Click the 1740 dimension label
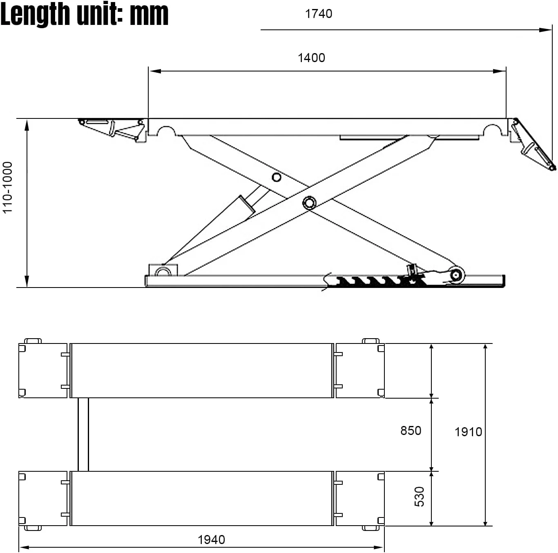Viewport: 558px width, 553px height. [x=319, y=14]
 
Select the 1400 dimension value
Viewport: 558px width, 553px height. [x=311, y=58]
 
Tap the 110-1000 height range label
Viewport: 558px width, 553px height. [x=8, y=187]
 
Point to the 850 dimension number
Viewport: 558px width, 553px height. [x=411, y=431]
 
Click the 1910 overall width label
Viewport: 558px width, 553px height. [x=468, y=432]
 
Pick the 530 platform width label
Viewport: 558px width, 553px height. [x=420, y=497]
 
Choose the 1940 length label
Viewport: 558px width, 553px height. [x=211, y=540]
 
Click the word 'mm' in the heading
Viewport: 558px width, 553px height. [x=149, y=14]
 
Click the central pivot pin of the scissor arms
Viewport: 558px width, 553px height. [x=309, y=203]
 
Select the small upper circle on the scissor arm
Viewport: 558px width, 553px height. [x=277, y=177]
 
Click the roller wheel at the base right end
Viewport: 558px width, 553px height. [x=456, y=275]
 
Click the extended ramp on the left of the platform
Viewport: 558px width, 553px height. [x=112, y=129]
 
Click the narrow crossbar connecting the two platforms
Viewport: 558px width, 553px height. [x=83, y=435]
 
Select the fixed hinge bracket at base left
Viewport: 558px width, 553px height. [x=163, y=270]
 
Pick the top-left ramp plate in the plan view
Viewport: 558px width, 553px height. [x=43, y=370]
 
